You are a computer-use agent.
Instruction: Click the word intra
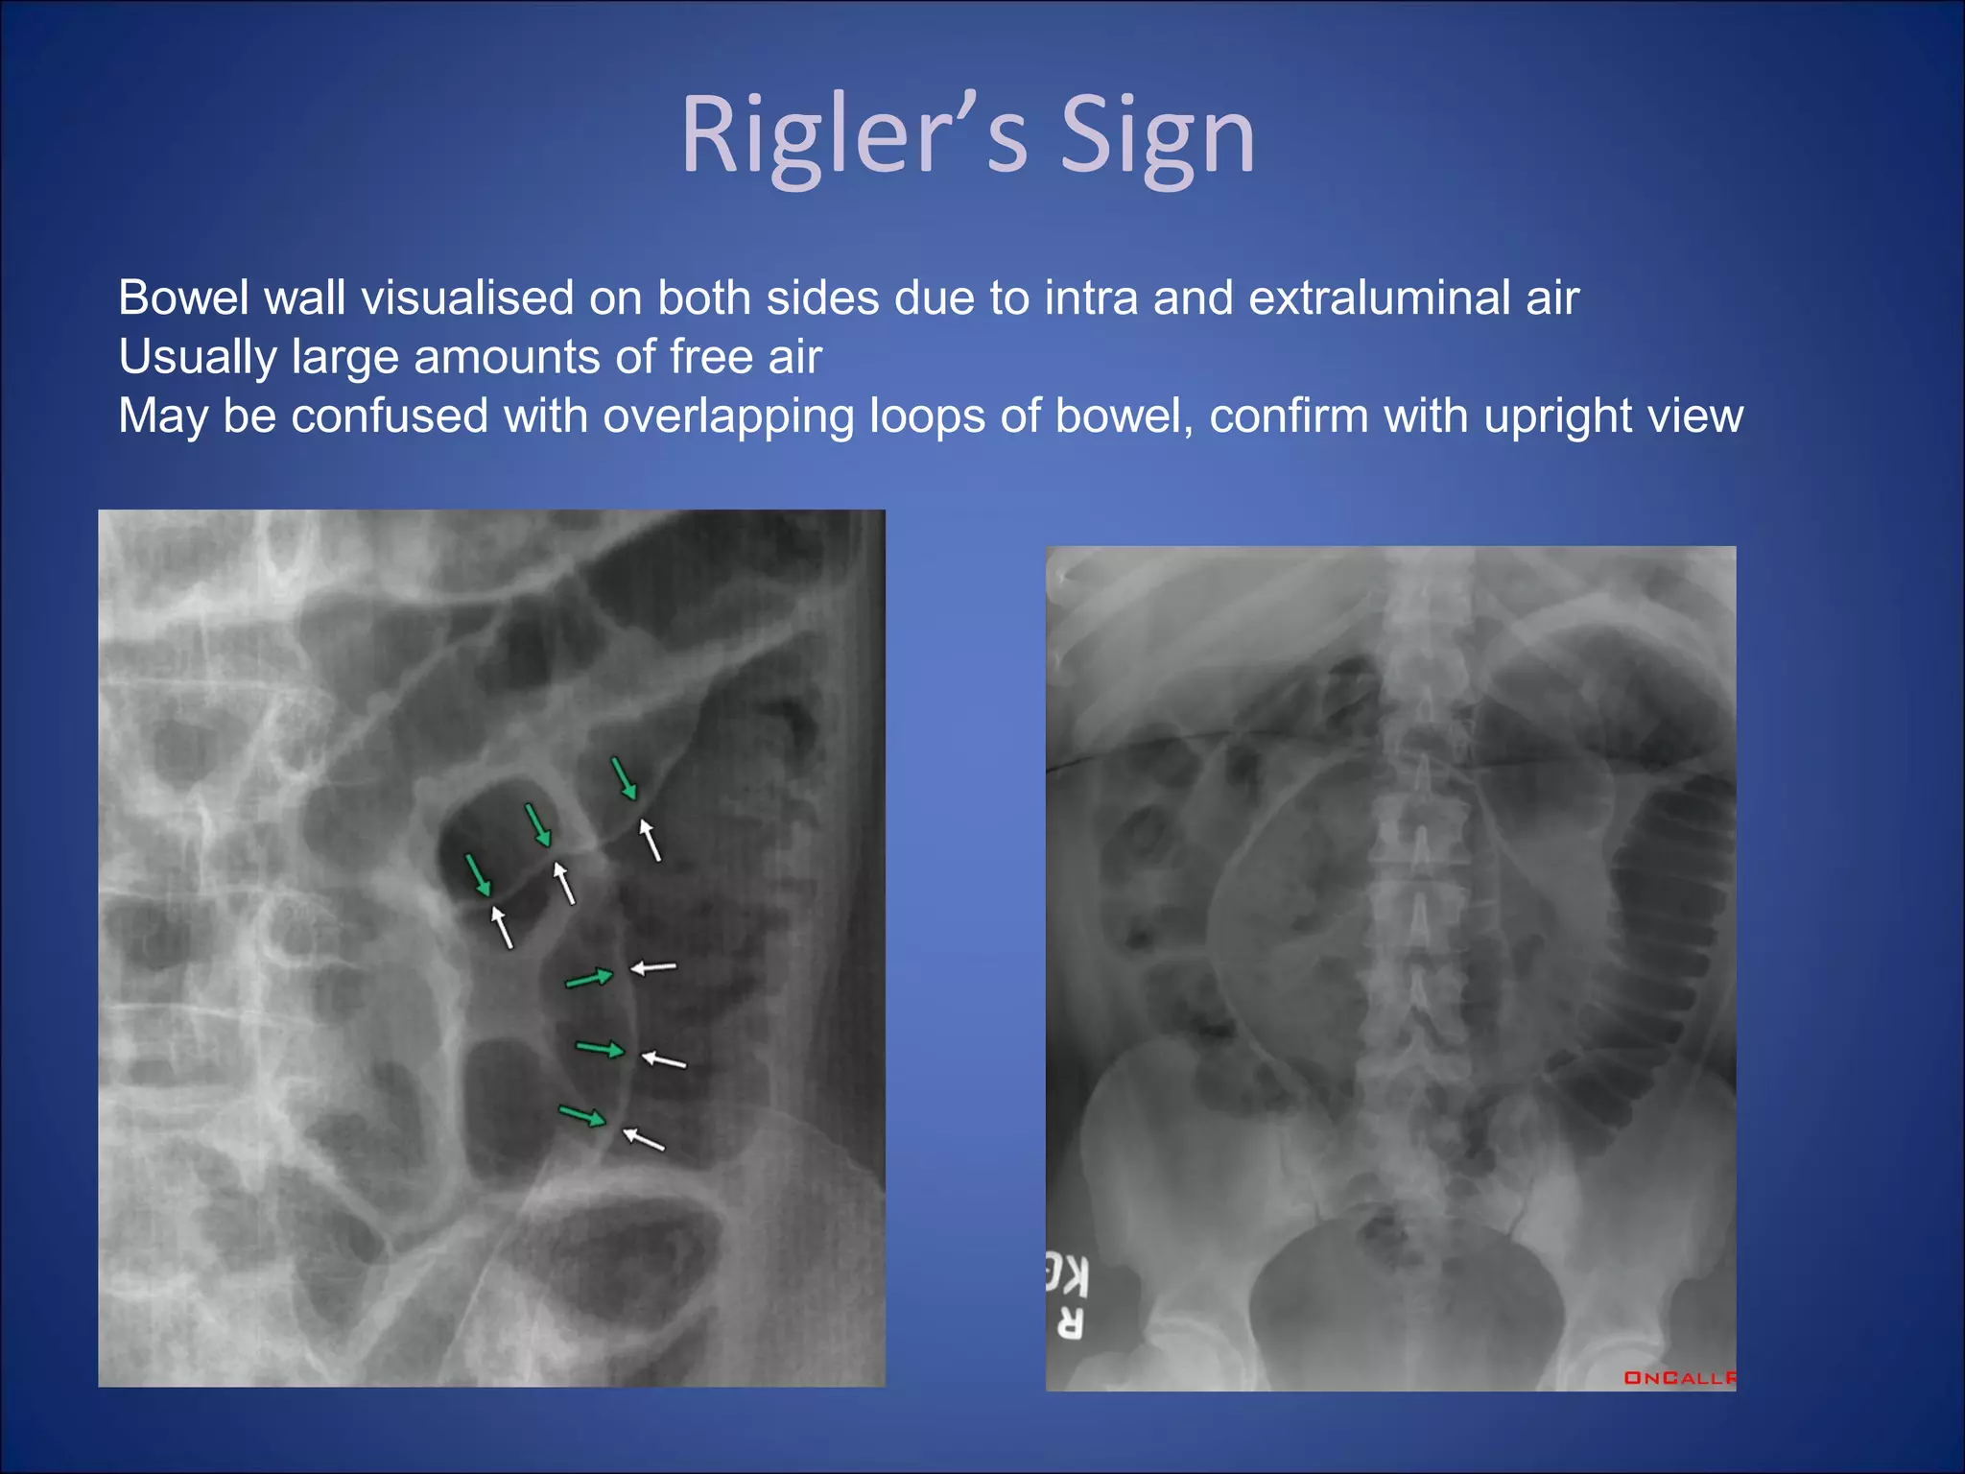(x=1091, y=298)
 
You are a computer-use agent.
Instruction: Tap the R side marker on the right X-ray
(x=1070, y=1324)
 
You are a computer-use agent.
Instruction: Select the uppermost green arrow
(x=624, y=778)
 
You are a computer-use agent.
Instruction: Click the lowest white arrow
(x=644, y=1139)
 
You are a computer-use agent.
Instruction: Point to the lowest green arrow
(x=582, y=1116)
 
